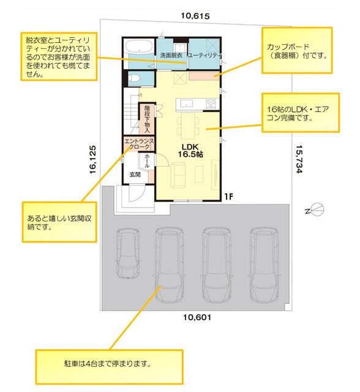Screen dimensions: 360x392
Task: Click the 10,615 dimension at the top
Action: [195, 16]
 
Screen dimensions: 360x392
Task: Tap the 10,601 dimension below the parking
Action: [197, 317]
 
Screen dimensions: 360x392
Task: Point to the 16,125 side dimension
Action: [92, 159]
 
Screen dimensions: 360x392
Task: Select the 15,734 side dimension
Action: [299, 159]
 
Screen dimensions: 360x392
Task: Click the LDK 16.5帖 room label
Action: [190, 151]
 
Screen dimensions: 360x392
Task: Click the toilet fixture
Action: [133, 78]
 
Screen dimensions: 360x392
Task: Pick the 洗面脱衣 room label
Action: [171, 55]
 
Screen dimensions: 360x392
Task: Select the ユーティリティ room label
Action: [205, 55]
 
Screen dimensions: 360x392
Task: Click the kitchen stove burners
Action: [211, 104]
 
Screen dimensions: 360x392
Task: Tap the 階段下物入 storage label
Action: [147, 119]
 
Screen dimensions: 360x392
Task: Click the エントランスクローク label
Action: [139, 144]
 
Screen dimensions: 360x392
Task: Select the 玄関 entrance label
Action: [135, 175]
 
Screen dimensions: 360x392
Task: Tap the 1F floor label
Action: [228, 197]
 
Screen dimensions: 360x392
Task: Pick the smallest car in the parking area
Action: [127, 253]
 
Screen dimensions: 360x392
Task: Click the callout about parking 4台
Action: [109, 367]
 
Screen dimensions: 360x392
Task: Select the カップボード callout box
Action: [297, 50]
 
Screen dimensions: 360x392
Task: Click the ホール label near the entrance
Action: [147, 160]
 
